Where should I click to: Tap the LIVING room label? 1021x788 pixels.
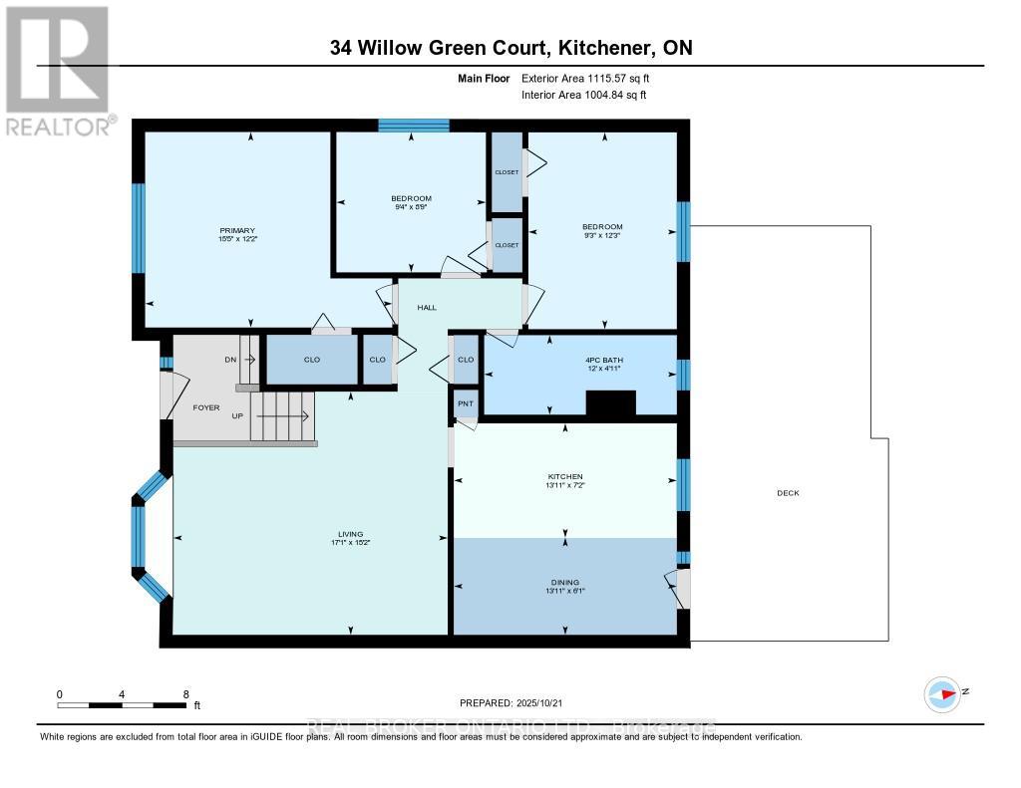point(350,533)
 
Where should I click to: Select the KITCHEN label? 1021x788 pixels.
point(564,476)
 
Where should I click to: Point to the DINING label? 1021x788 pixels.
point(564,582)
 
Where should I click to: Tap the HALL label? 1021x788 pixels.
point(427,307)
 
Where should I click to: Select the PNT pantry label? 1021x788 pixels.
point(465,404)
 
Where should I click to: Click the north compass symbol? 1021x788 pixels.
point(942,693)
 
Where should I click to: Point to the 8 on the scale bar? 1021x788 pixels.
point(185,693)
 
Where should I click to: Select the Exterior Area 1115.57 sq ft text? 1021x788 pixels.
point(584,78)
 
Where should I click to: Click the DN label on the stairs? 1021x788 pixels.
point(230,360)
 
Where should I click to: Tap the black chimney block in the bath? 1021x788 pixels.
point(610,403)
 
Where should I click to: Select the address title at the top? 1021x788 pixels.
point(510,47)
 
